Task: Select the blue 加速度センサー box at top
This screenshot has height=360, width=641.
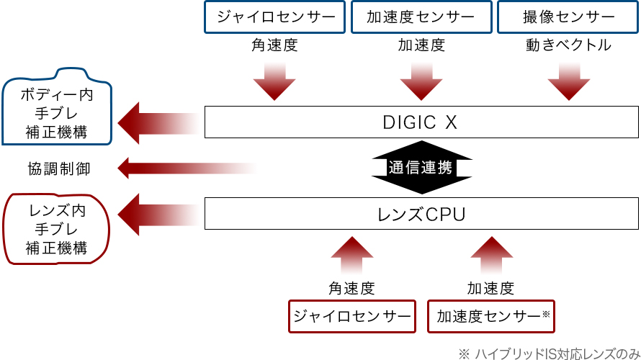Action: click(421, 17)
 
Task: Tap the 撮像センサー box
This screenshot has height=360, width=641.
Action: click(568, 17)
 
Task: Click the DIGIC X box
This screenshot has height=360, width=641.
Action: click(421, 122)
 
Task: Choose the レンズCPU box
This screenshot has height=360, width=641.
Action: click(421, 215)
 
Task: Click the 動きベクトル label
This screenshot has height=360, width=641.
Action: click(568, 45)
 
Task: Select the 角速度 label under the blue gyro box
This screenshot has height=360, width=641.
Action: click(274, 45)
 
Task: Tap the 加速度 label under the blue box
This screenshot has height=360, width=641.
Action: click(421, 45)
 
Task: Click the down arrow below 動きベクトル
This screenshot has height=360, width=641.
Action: click(568, 81)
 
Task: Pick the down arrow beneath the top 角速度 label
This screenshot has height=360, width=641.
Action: click(274, 81)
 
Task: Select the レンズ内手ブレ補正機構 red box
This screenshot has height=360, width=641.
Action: click(58, 230)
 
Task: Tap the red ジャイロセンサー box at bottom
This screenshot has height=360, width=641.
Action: click(352, 316)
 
